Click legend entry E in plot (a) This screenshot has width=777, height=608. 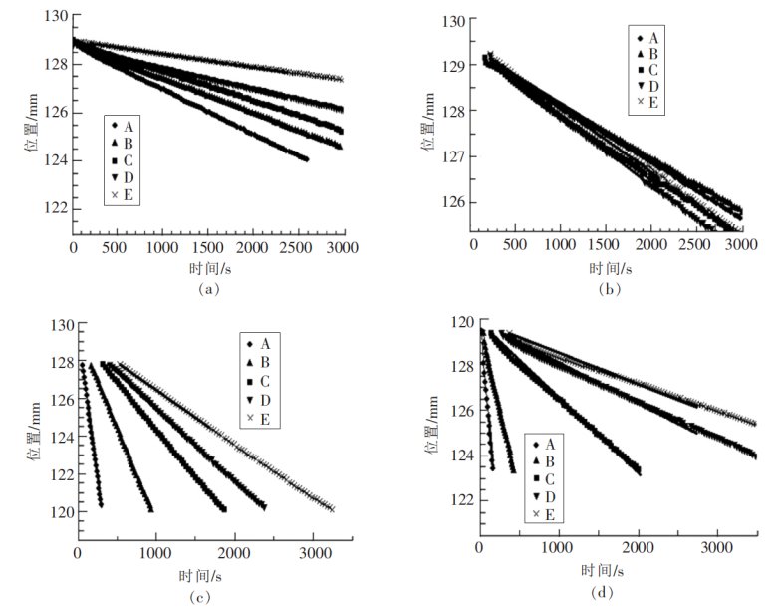click(128, 196)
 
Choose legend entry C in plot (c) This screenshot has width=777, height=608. click(263, 385)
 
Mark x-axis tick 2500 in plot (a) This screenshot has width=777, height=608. click(298, 246)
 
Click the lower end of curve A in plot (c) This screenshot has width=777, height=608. click(100, 505)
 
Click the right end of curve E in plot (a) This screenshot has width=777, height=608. click(341, 79)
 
